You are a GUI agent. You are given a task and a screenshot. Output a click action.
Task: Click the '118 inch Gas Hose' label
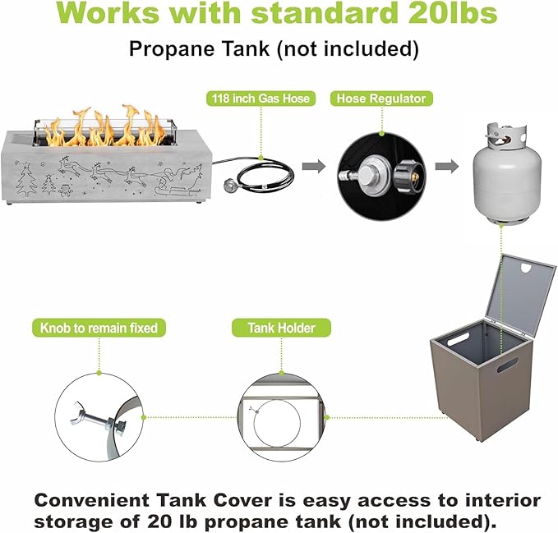[x=261, y=99]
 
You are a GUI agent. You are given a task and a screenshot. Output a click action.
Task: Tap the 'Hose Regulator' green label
[x=381, y=99]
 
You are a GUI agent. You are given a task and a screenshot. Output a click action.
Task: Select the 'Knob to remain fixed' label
[x=99, y=328]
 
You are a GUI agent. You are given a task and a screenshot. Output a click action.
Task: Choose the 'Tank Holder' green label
[x=282, y=328]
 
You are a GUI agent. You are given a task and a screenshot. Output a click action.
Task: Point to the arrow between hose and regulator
[x=314, y=166]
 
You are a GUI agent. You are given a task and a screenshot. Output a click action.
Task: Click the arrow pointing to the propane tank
[x=446, y=166]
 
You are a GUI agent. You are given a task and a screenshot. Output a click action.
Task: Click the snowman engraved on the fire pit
[x=65, y=190]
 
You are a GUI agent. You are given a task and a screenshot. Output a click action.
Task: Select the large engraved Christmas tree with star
[x=26, y=179]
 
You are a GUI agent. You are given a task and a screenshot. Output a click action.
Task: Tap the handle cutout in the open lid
[x=528, y=268]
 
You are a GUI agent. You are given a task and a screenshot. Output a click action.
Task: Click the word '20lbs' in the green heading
[x=447, y=13]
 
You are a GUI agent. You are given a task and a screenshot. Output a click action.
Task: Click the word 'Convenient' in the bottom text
[x=92, y=501]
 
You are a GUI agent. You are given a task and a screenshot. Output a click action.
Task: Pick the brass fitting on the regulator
[x=415, y=176]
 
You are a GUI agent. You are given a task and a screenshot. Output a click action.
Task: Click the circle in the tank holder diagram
[x=277, y=424]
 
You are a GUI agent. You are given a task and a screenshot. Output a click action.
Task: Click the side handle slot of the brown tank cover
[x=508, y=364]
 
